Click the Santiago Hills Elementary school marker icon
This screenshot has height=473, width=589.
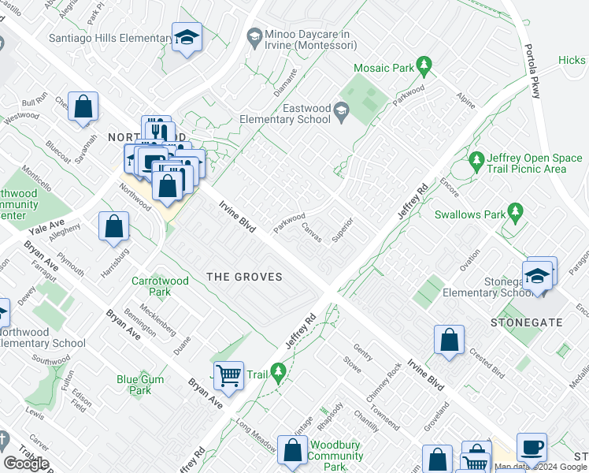click(x=187, y=38)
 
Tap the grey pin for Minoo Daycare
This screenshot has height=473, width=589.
click(x=254, y=35)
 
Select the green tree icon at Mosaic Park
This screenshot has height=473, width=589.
click(x=424, y=65)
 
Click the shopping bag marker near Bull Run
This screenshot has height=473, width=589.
click(x=83, y=106)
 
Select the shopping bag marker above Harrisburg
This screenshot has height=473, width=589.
click(x=114, y=226)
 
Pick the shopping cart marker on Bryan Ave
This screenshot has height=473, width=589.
click(x=228, y=375)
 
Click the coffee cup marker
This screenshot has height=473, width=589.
click(x=532, y=447)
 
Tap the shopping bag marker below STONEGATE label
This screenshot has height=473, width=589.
click(x=449, y=341)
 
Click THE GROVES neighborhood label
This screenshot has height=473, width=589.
click(x=243, y=276)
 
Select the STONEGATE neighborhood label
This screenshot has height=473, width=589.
click(x=516, y=322)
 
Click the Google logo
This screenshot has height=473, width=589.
click(x=26, y=463)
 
